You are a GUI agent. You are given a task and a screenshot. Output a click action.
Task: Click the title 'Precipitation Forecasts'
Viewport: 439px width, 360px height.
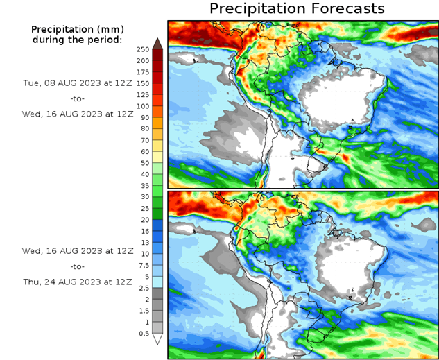296,9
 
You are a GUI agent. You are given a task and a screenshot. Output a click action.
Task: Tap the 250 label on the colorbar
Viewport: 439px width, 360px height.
144,49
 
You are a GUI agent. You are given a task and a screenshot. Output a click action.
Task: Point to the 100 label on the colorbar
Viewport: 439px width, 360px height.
144,106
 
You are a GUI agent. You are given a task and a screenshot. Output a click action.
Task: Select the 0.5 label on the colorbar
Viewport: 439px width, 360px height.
144,334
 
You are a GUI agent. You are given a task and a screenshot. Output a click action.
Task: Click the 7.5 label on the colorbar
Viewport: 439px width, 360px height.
144,265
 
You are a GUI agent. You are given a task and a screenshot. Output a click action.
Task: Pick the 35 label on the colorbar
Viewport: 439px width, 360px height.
144,185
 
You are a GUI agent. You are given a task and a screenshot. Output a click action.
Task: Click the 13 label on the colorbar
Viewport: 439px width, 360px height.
144,242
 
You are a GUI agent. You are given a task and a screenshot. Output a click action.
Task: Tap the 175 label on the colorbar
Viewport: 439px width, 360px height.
144,72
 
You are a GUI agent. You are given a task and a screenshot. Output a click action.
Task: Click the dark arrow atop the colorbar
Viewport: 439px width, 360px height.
157,43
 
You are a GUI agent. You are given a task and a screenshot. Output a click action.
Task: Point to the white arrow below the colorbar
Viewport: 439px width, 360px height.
157,339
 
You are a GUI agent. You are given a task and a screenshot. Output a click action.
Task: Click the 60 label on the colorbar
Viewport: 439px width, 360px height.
144,151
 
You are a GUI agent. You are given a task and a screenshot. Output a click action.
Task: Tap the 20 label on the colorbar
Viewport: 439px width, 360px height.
144,219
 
